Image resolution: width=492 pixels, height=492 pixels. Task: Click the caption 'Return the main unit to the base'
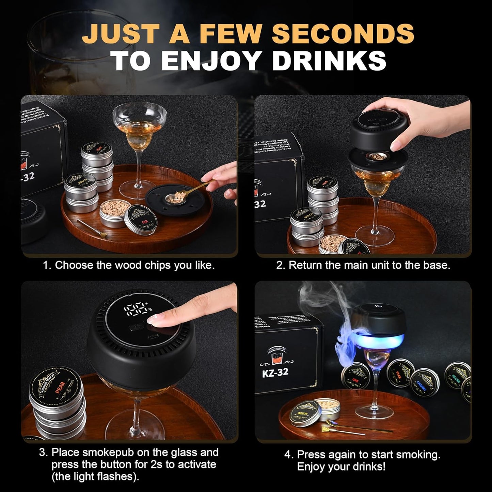point(363,265)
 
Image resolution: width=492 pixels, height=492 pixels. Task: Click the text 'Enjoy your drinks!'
point(341,466)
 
